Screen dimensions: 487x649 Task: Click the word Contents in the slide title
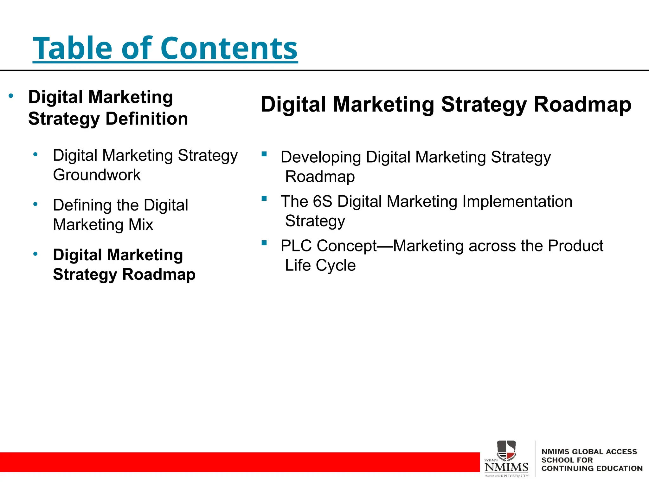pyautogui.click(x=229, y=48)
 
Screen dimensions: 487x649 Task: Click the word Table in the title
pyautogui.click(x=72, y=48)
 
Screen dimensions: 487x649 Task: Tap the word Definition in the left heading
pyautogui.click(x=147, y=119)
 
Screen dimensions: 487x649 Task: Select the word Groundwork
pyautogui.click(x=97, y=175)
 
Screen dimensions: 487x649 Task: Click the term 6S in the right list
pyautogui.click(x=322, y=202)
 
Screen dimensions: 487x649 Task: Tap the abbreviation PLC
pyautogui.click(x=296, y=246)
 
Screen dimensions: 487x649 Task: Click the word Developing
pyautogui.click(x=321, y=157)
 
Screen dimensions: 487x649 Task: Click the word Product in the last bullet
pyautogui.click(x=575, y=246)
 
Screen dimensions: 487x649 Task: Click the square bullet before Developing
pyautogui.click(x=264, y=154)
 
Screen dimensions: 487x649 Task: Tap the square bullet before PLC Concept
pyautogui.click(x=264, y=243)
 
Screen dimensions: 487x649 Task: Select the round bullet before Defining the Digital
pyautogui.click(x=35, y=204)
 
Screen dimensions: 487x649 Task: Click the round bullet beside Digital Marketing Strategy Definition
pyautogui.click(x=11, y=96)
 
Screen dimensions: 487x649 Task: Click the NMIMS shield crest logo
pyautogui.click(x=506, y=450)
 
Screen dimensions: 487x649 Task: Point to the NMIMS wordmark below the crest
pyautogui.click(x=506, y=467)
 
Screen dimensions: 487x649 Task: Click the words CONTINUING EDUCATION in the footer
pyautogui.click(x=592, y=468)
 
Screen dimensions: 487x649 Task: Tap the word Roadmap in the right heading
pyautogui.click(x=582, y=105)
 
